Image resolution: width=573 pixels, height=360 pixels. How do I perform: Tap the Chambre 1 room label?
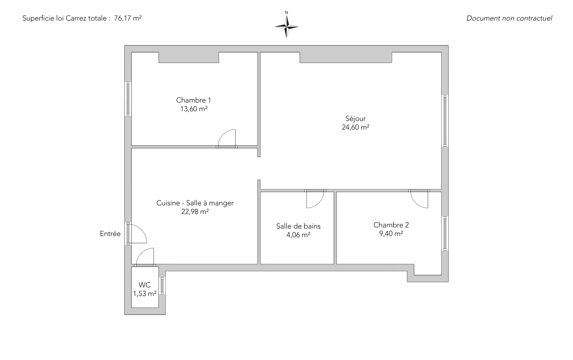(x=193, y=100)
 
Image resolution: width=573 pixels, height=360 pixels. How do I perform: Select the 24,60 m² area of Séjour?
(x=355, y=127)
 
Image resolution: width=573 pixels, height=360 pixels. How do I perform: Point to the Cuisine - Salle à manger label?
(x=195, y=203)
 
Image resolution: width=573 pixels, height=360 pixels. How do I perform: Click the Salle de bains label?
(x=298, y=226)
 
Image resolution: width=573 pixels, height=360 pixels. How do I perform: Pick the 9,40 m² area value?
(x=391, y=233)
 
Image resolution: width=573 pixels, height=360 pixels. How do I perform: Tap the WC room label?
(x=144, y=285)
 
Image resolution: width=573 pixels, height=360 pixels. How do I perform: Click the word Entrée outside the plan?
(x=110, y=234)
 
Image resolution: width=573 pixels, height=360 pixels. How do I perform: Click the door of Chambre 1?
(x=227, y=138)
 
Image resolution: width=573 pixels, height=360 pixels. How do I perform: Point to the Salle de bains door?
(x=315, y=199)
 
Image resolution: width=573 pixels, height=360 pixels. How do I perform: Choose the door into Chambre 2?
(x=419, y=199)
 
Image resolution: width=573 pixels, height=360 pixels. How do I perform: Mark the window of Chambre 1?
(x=128, y=99)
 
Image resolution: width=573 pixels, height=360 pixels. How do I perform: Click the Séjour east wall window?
(x=445, y=121)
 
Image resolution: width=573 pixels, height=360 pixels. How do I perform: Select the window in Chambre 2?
(x=445, y=233)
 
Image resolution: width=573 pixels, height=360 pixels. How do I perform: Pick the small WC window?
(x=162, y=286)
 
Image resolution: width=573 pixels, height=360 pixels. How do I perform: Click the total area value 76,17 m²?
(x=128, y=18)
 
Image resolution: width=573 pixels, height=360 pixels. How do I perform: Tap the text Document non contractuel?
(x=509, y=18)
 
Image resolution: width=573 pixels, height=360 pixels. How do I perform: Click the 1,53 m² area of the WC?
(x=145, y=294)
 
